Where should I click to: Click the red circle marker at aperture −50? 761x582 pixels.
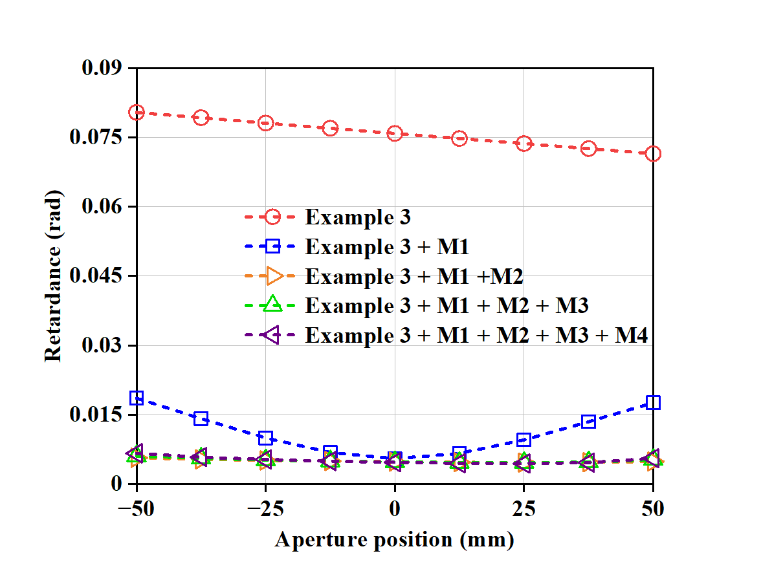coord(137,113)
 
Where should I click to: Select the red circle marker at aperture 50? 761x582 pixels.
coord(653,154)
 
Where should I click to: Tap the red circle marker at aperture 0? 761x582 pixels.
coord(395,134)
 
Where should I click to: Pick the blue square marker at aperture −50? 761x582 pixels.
coord(137,398)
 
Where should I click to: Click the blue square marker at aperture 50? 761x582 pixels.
coord(653,403)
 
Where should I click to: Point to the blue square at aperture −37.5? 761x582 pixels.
coord(201,419)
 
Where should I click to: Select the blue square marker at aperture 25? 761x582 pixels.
coord(524,440)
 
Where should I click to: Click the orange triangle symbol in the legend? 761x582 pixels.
coord(272,276)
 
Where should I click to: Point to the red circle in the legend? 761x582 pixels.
coord(272,217)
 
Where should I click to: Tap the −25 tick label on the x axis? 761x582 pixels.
coord(265,510)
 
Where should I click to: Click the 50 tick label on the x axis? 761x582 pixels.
coord(653,510)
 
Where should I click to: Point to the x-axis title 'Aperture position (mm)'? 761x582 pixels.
coord(395,539)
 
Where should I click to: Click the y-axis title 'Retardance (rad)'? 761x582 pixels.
coord(53,276)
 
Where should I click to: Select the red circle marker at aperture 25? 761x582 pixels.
coord(524,144)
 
